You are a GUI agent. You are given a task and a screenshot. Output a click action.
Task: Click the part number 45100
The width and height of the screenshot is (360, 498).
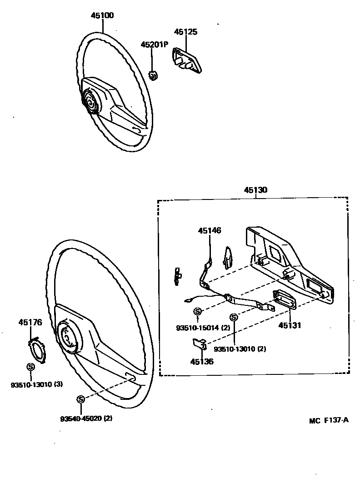coord(102,15)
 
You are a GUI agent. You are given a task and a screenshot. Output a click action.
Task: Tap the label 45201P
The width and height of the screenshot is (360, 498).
coord(154,45)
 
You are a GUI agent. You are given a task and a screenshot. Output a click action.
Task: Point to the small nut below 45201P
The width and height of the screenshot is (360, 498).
coord(154,76)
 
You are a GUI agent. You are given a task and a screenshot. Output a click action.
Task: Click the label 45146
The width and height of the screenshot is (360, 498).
coord(210,231)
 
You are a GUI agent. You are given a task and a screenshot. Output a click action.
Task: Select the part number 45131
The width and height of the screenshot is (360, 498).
coord(290,325)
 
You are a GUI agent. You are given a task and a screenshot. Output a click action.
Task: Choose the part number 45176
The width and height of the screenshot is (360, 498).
coord(30,323)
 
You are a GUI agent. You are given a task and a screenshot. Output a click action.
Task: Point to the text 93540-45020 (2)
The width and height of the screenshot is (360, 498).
coord(86,418)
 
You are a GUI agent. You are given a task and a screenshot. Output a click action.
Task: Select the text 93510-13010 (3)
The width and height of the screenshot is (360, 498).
coord(37,384)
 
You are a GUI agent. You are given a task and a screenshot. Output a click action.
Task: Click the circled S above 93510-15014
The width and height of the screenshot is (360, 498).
coord(198,311)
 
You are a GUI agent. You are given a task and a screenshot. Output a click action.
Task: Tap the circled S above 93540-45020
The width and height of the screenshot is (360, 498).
coord(80,399)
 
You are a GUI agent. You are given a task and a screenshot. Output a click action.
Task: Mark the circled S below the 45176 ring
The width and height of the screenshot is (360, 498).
coord(30,367)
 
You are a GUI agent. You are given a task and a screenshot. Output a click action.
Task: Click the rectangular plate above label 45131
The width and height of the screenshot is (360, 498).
coord(285,299)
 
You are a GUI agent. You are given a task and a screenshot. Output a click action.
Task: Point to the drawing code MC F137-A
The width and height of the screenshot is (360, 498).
coord(329,420)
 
